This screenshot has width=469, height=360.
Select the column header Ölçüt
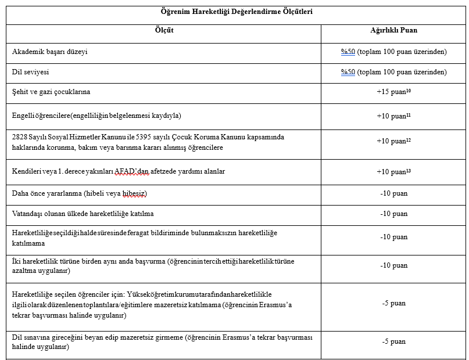(x=164, y=30)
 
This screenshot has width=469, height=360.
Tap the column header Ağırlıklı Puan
(x=393, y=30)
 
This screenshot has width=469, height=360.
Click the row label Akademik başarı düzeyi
(x=50, y=52)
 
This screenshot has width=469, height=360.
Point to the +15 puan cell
(x=393, y=92)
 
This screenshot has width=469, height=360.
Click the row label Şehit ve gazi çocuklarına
(x=51, y=92)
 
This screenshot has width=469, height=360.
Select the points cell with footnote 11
(x=393, y=116)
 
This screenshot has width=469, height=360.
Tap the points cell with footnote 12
(x=393, y=141)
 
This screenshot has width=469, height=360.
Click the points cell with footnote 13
(x=393, y=171)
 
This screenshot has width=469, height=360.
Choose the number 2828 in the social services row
(x=20, y=137)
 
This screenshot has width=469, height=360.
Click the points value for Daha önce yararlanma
(x=393, y=193)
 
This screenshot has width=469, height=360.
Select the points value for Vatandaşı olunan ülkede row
(x=393, y=214)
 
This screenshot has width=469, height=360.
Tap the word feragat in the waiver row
(x=154, y=233)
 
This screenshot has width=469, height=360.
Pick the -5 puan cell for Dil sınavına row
(x=393, y=341)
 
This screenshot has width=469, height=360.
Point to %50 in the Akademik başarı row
(x=348, y=52)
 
